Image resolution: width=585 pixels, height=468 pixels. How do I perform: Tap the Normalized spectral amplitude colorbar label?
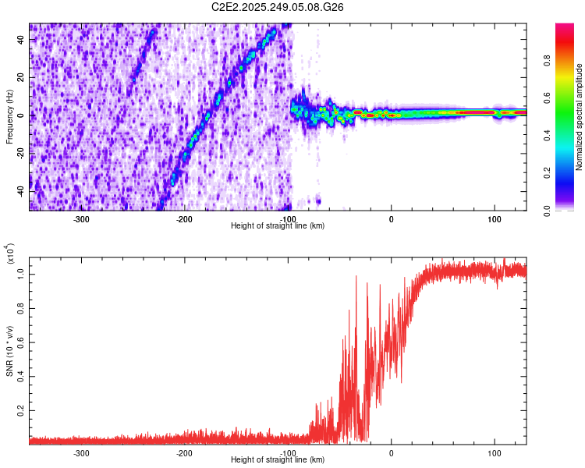580,117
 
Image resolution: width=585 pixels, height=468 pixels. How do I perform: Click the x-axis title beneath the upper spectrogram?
278,226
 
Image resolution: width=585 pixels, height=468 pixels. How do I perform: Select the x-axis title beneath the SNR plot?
278,459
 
